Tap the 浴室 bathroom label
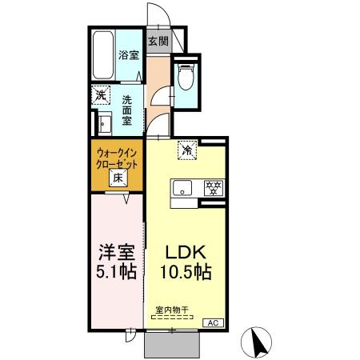pos(128,55)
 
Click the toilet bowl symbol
pos(186,78)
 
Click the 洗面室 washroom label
pos(127,111)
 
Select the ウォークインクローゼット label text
pos(117,157)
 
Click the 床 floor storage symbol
pos(117,178)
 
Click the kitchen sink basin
pos(181,189)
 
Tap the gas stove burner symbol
pos(213,189)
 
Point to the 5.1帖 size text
pos(114,271)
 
